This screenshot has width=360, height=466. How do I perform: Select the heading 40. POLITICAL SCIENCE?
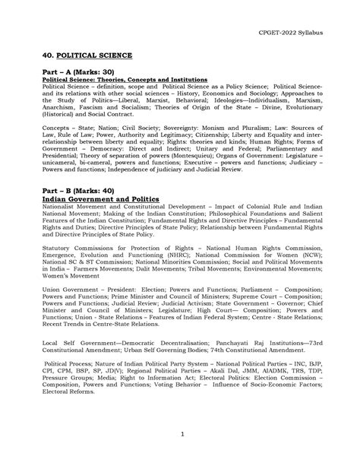(87, 56)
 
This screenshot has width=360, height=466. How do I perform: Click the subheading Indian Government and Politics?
(100, 199)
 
